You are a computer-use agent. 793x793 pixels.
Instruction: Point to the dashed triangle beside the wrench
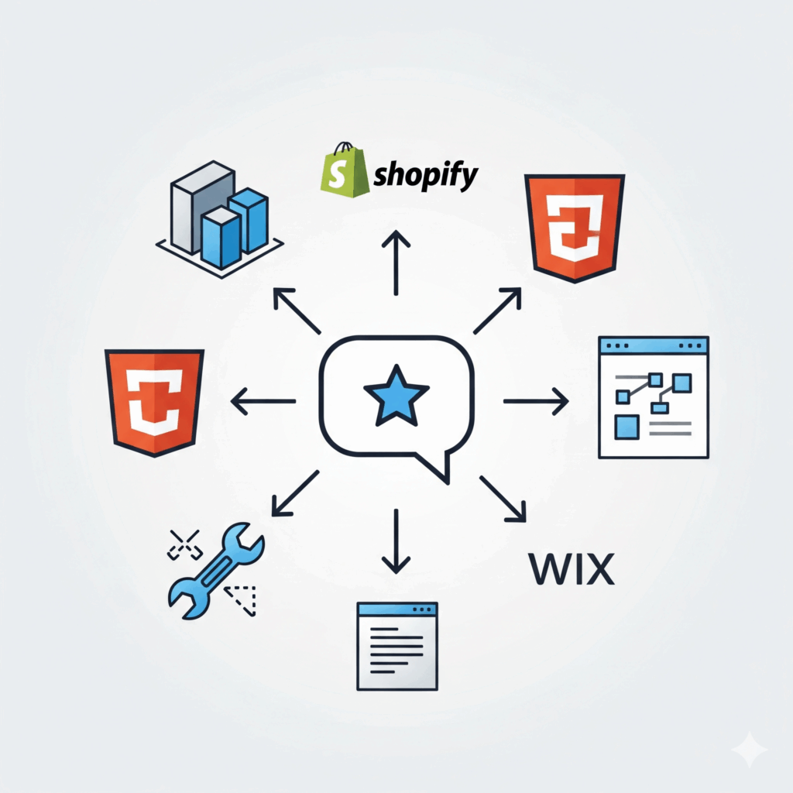(242, 599)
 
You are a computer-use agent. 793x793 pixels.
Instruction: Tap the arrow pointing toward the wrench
(294, 493)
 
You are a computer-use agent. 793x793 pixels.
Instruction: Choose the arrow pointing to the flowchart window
(536, 400)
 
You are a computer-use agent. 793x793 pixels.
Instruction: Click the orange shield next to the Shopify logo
(574, 227)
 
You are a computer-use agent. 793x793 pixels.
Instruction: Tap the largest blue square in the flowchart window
(627, 427)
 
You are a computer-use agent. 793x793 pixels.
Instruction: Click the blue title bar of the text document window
(396, 609)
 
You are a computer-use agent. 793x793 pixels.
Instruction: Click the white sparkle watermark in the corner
(749, 750)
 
